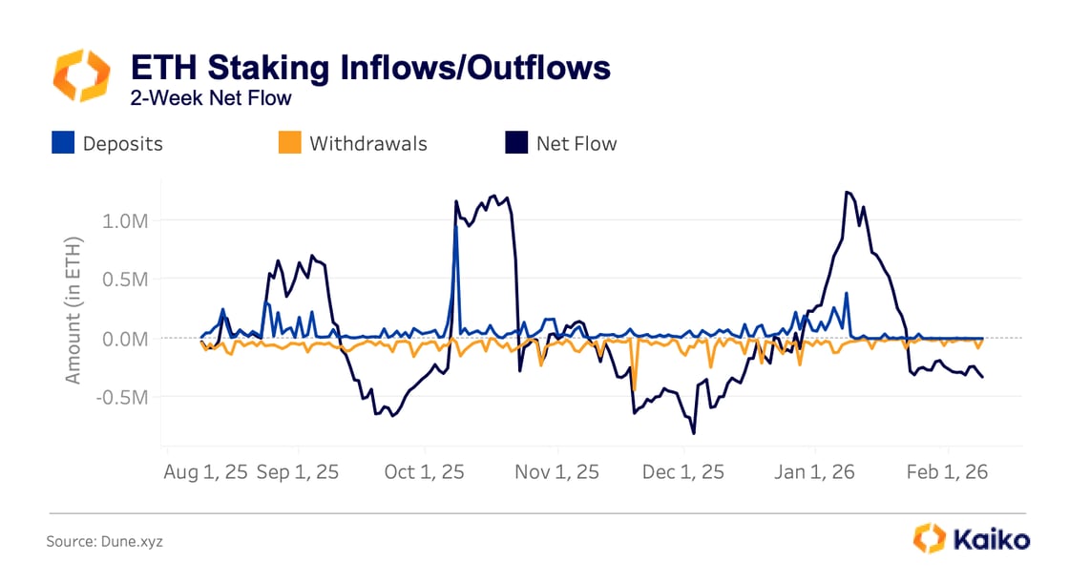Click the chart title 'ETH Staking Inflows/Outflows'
[x=369, y=68]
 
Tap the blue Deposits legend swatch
[x=63, y=143]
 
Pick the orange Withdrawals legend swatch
[x=289, y=143]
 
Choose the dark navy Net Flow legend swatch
[x=515, y=143]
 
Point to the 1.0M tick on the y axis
[x=126, y=220]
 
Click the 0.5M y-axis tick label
[x=126, y=280]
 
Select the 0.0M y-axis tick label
[x=126, y=339]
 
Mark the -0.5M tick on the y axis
[x=123, y=397]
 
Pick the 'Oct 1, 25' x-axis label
[x=424, y=472]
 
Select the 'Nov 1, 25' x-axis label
[x=558, y=472]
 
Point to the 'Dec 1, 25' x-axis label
[x=683, y=472]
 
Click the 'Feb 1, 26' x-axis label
[x=947, y=472]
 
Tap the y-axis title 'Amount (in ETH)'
[x=73, y=309]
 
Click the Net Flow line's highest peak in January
[x=847, y=192]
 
